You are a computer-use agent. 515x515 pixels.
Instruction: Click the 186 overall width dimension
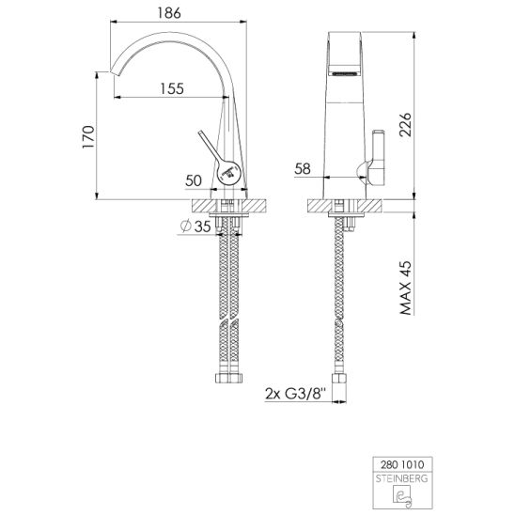click(x=169, y=13)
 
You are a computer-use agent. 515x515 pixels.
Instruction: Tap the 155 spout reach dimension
click(x=172, y=88)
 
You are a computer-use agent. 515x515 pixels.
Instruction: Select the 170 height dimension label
click(x=88, y=136)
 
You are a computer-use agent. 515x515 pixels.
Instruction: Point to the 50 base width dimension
click(x=194, y=180)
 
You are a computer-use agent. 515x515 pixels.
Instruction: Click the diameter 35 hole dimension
click(x=195, y=226)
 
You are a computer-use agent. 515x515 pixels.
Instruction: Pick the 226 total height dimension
click(x=405, y=125)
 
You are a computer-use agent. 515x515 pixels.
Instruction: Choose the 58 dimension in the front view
click(x=303, y=169)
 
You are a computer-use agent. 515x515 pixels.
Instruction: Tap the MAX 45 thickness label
click(x=406, y=289)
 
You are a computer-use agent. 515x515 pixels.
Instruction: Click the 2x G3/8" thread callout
click(x=295, y=394)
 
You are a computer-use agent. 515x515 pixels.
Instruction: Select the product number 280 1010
click(x=402, y=465)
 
